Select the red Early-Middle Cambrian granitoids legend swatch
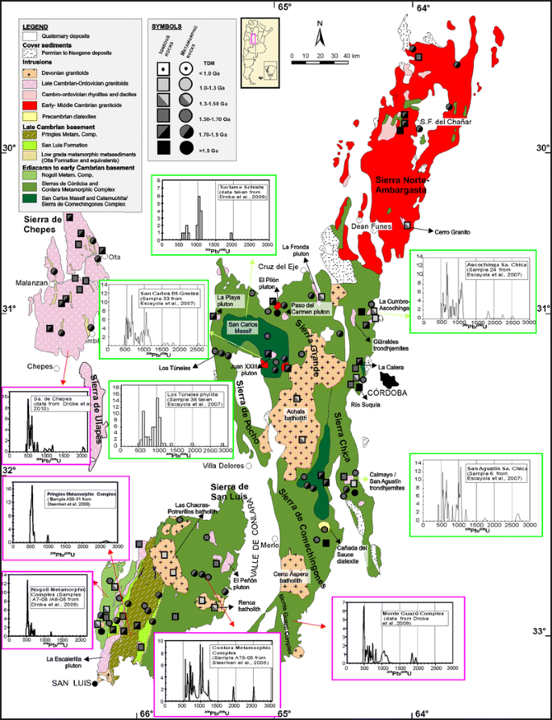coord(27,106)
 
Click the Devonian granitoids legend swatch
coord(27,73)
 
